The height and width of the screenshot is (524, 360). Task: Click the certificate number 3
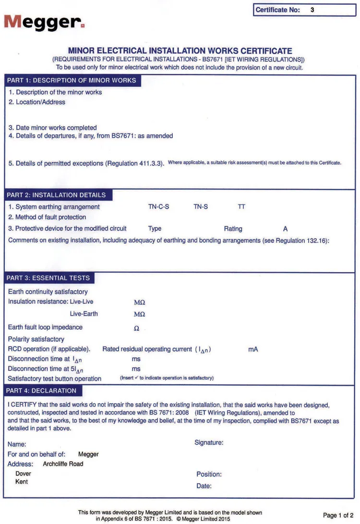click(x=312, y=10)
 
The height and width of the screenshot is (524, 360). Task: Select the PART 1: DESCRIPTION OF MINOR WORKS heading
click(x=72, y=80)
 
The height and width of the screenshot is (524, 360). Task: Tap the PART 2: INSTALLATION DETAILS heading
click(x=57, y=195)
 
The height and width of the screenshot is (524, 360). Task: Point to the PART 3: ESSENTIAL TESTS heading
click(x=48, y=278)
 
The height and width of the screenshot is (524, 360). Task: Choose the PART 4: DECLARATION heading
click(x=41, y=391)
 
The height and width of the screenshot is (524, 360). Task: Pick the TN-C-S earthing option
click(x=158, y=207)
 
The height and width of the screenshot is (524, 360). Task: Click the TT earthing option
click(x=241, y=207)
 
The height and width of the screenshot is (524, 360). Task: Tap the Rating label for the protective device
click(x=233, y=229)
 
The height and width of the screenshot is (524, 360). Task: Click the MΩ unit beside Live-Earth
click(x=139, y=314)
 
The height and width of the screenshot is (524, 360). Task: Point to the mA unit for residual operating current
click(x=253, y=349)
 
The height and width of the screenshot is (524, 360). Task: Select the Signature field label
click(x=209, y=442)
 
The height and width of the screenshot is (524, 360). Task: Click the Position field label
click(x=209, y=474)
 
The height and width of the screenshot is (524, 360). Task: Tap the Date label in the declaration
click(x=204, y=486)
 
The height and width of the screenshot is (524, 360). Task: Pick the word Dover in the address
click(x=24, y=474)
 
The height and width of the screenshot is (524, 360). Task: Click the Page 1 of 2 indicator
click(x=338, y=515)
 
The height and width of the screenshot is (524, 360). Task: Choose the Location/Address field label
click(x=37, y=102)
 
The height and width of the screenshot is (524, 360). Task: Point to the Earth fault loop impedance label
click(x=45, y=327)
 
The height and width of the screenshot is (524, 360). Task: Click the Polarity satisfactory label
click(x=36, y=339)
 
